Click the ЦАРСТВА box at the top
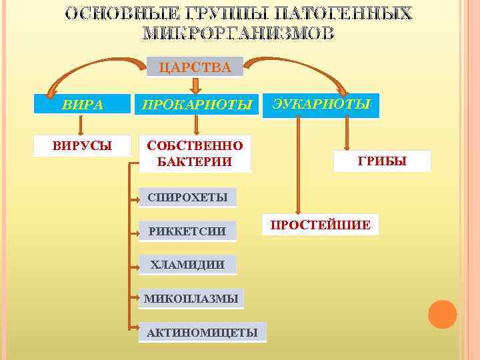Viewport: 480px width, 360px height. coord(195,67)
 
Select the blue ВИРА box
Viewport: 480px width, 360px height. coord(83,105)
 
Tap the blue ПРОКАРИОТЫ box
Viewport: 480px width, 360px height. coord(195,105)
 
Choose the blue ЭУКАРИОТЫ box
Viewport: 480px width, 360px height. coord(321,105)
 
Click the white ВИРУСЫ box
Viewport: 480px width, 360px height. coord(83,145)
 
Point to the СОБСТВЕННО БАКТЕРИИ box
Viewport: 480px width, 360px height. coord(195,153)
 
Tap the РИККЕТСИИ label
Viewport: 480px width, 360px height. coord(187,231)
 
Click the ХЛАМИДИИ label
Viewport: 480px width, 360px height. coord(187,265)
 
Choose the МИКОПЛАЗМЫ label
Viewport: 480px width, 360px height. coord(191,299)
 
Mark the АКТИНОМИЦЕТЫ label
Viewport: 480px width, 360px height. coord(202,332)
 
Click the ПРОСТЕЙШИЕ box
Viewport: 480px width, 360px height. coord(321,225)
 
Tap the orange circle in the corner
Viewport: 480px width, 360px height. coord(442,314)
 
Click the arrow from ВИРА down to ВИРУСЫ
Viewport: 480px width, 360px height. coord(81,125)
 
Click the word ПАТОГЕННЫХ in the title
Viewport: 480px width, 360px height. coord(349,14)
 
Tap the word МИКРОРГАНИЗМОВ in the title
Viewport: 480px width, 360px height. coord(239,34)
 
